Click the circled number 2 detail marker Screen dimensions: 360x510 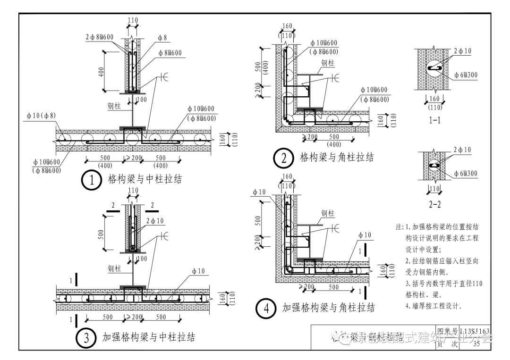click(284, 158)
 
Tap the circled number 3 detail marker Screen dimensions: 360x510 click(86, 338)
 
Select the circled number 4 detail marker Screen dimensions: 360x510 click(266, 309)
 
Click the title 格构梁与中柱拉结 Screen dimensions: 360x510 click(145, 179)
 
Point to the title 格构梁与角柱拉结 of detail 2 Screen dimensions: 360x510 click(337, 158)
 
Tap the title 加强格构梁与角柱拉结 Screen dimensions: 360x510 click(329, 308)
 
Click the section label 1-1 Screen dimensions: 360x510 click(435, 120)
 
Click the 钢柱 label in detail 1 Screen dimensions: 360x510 click(115, 106)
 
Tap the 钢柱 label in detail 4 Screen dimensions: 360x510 click(328, 214)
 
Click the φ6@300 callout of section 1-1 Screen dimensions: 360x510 click(466, 75)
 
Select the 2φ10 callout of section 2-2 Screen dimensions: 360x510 click(462, 150)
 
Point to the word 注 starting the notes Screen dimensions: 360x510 click(399, 227)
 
